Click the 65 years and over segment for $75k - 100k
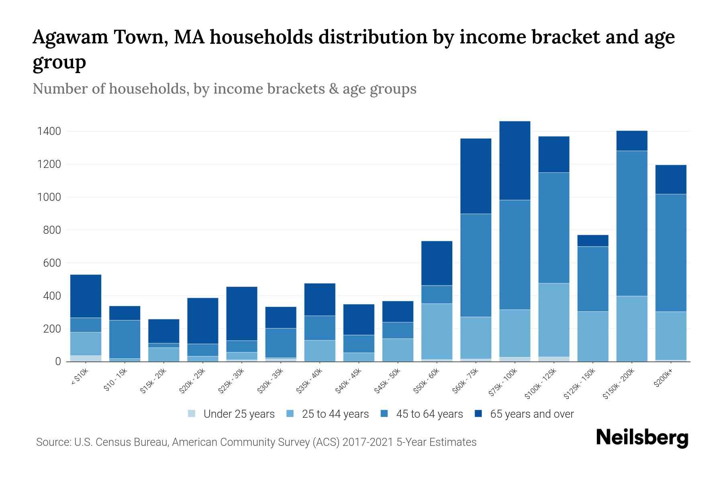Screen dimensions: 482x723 click(x=515, y=161)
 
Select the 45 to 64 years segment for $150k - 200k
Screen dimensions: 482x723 click(x=632, y=223)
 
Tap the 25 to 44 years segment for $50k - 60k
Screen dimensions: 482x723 click(x=437, y=331)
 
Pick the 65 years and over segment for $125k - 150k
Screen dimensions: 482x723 click(x=593, y=241)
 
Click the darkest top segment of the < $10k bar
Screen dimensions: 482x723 click(x=86, y=296)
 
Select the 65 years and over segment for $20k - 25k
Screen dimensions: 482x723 click(x=202, y=321)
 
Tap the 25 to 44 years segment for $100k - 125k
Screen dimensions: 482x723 click(x=553, y=320)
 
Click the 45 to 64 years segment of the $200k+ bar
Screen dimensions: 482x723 click(x=671, y=253)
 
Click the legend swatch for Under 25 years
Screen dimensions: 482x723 click(x=192, y=414)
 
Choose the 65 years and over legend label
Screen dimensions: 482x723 click(x=532, y=414)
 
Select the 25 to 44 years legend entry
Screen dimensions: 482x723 click(x=335, y=414)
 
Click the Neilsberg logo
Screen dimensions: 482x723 click(x=642, y=438)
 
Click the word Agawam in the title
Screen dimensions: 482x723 click(x=71, y=37)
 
